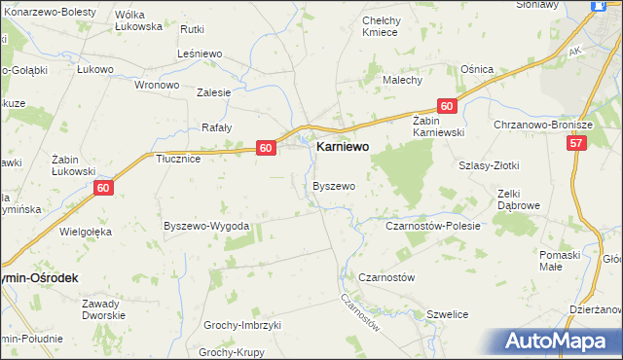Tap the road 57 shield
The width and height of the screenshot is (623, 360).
click(x=578, y=143)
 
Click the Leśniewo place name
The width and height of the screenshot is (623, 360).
click(x=202, y=54)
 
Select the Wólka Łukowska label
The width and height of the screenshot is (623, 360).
click(x=137, y=20)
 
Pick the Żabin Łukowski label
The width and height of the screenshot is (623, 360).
click(x=73, y=164)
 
